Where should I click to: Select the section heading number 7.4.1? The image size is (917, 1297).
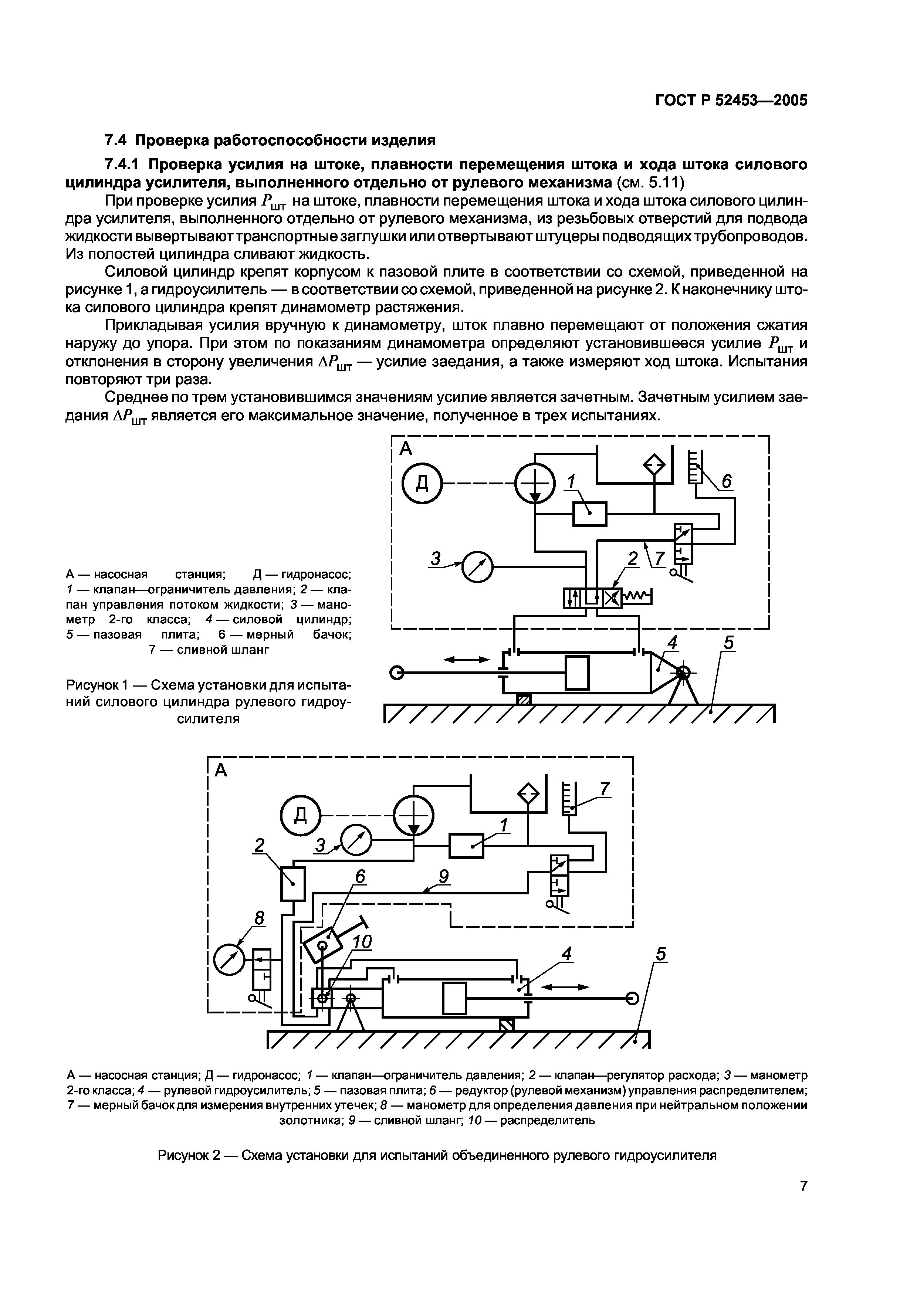125,165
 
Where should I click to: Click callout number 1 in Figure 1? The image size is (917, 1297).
571,481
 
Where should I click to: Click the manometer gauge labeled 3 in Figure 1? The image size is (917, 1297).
477,566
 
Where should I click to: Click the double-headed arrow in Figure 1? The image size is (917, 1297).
467,659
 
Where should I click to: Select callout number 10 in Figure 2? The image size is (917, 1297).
362,942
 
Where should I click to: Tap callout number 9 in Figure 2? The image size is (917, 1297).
444,876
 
